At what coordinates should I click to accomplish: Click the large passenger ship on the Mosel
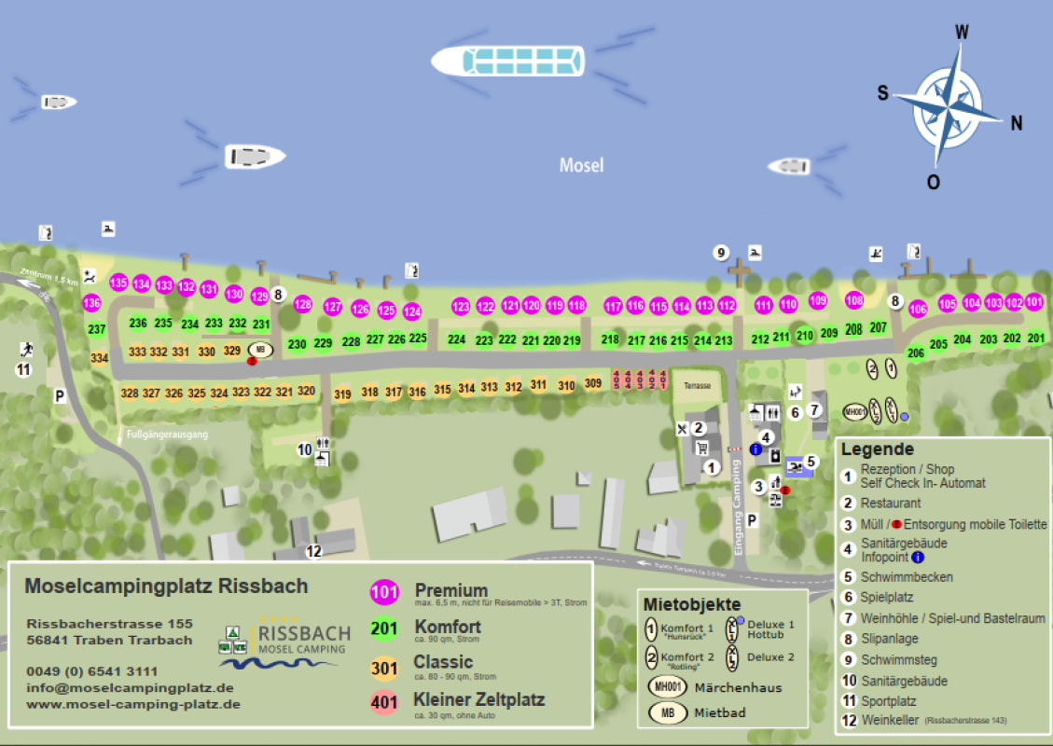(507, 62)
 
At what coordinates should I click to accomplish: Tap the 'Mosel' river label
(581, 165)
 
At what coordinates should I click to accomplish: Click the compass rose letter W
(962, 33)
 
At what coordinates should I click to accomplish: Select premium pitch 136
(91, 302)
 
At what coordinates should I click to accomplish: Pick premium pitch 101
(1034, 302)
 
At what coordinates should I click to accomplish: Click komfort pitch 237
(97, 329)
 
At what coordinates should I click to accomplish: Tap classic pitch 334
(100, 358)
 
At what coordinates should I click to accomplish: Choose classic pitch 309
(593, 382)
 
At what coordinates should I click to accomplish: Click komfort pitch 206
(916, 352)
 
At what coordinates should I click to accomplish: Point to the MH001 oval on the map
(854, 410)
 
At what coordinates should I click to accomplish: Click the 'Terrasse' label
(697, 385)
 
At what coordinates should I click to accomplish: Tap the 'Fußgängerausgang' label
(167, 435)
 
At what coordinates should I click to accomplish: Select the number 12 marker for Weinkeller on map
(314, 551)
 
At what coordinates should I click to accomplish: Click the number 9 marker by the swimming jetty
(720, 253)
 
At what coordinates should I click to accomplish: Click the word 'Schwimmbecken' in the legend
(907, 577)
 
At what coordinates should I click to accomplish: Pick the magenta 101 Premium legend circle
(384, 591)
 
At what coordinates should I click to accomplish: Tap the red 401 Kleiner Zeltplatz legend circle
(384, 701)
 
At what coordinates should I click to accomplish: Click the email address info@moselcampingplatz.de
(118, 688)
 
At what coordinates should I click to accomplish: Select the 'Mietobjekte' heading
(692, 605)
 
